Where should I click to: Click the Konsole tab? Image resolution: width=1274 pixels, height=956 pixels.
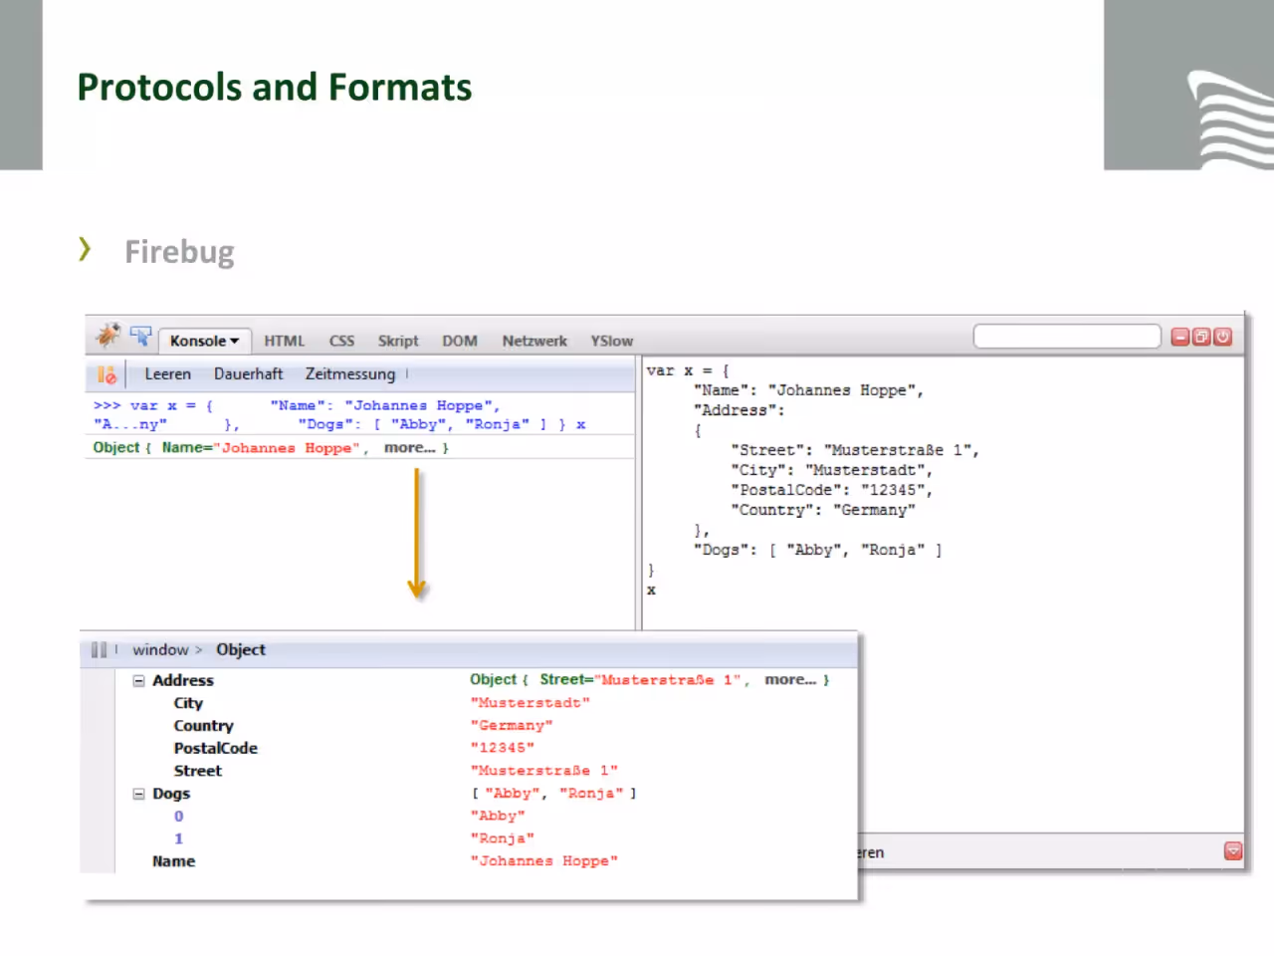pos(204,341)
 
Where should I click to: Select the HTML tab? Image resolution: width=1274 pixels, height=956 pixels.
pos(284,341)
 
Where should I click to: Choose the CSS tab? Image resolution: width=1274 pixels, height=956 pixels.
pos(341,341)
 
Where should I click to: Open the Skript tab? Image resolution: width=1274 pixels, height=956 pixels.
pos(397,341)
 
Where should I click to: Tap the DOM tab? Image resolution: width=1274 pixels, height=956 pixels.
pos(460,341)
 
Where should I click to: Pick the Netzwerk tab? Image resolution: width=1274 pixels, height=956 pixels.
pos(534,341)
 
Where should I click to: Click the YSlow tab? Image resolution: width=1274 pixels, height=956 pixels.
pos(612,341)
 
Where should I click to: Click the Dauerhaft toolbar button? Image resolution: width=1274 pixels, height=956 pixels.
pos(249,373)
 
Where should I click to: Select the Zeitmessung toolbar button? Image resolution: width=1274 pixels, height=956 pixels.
pos(350,373)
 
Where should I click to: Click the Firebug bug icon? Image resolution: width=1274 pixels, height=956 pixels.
pos(108,335)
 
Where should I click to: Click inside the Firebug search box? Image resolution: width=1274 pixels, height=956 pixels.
pos(1067,336)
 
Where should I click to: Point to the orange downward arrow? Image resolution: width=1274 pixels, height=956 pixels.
pos(417,533)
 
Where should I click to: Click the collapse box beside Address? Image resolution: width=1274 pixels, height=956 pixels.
pos(138,680)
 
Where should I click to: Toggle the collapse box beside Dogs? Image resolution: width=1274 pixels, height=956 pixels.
pos(138,794)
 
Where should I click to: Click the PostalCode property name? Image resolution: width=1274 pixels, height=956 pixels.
pos(215,748)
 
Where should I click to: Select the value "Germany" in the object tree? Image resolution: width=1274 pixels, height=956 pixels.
pos(512,726)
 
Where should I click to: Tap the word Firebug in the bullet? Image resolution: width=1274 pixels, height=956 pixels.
pos(179,252)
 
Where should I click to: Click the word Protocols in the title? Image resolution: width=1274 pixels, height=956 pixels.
pos(159,87)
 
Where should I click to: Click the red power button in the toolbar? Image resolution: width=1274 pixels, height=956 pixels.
pos(1223,337)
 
